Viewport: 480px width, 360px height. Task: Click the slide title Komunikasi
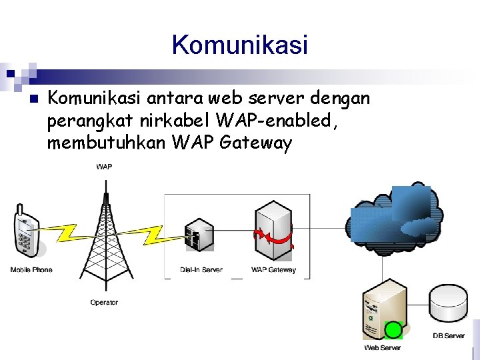240,45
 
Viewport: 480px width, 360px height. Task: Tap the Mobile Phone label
31,270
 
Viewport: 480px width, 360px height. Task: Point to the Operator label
104,303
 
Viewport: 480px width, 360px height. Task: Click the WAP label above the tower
104,167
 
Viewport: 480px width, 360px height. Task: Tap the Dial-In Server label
201,270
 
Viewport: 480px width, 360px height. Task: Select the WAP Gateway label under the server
273,270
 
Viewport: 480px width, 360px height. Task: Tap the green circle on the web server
393,330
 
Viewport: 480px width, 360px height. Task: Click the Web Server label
382,348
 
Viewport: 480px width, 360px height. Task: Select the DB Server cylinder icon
448,305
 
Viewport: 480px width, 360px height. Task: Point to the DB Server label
449,335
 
